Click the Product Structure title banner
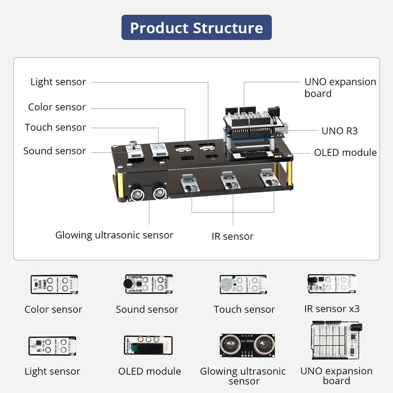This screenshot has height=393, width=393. [x=196, y=28]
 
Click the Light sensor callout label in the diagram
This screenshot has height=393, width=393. [x=58, y=82]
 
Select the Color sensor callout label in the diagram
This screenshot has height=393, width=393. [x=57, y=107]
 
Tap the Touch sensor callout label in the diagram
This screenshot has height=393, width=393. [x=56, y=127]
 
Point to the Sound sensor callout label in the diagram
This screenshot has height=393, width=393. [x=55, y=151]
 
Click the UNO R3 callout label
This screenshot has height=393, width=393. [x=339, y=131]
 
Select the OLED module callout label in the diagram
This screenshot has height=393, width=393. [x=345, y=152]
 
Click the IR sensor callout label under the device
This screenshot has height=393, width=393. [x=232, y=236]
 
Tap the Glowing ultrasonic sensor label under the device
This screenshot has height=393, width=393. [x=114, y=235]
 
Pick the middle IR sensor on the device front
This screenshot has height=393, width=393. [x=229, y=182]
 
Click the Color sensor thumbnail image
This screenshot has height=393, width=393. [x=54, y=284]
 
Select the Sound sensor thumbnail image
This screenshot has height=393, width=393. [x=148, y=284]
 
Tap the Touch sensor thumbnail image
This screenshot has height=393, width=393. [x=243, y=284]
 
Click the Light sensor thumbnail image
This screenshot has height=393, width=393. [x=53, y=346]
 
